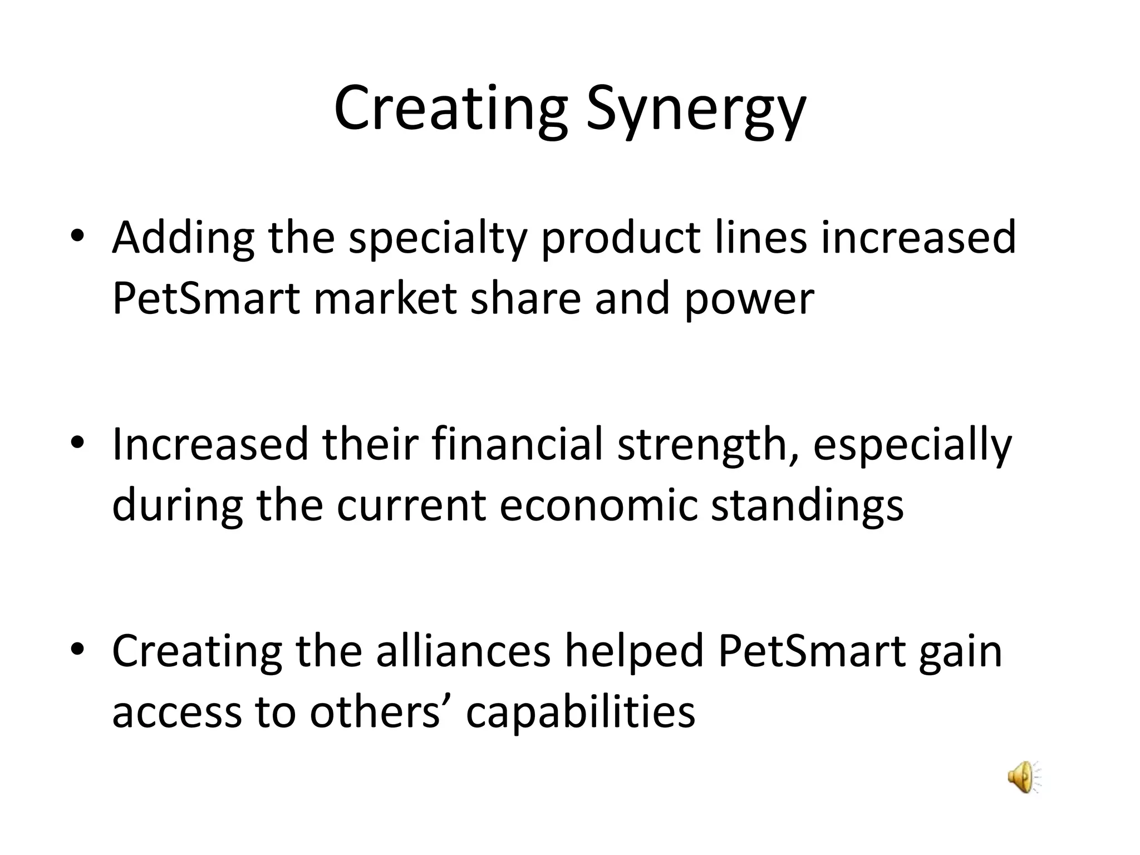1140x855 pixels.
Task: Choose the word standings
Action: (807, 507)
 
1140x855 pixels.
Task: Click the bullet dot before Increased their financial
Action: (77, 443)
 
